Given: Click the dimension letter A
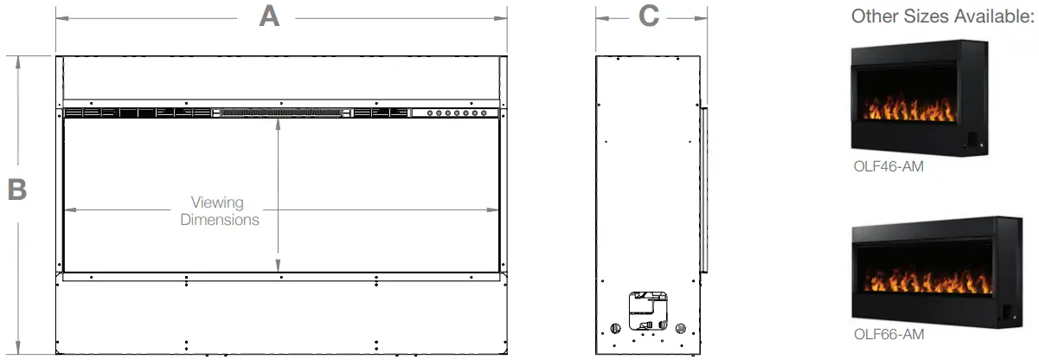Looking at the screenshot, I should pos(270,16).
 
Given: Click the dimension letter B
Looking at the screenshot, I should pos(17,190).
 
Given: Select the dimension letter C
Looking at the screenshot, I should pos(650,16).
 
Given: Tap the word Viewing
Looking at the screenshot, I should pos(218,202).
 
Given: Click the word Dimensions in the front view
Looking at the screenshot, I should pos(220,220).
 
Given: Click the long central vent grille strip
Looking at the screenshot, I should pos(282,112).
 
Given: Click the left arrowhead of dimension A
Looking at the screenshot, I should pos(60,16).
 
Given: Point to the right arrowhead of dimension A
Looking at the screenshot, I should pos(503,16).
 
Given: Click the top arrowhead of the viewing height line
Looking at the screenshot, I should pos(278,123).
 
